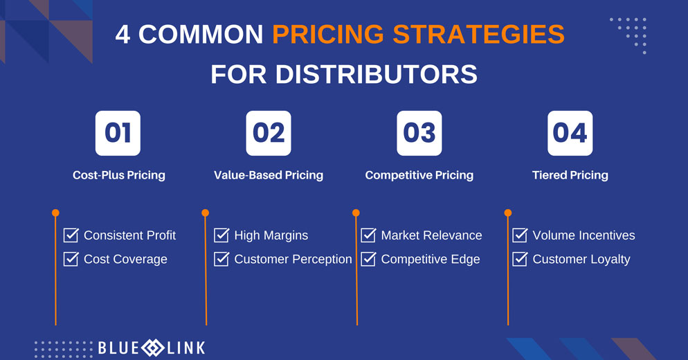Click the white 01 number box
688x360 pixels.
[118, 133]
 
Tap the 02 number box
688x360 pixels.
[269, 133]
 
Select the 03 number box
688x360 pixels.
[419, 133]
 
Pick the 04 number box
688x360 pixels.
[570, 133]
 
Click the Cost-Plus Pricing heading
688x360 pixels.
[119, 175]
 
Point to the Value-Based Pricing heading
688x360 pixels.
[269, 175]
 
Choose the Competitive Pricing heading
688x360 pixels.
[419, 175]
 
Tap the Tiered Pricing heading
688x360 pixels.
[570, 175]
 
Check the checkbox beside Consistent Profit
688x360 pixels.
[71, 235]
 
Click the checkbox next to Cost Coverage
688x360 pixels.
[71, 259]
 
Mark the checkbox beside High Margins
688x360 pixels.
[221, 235]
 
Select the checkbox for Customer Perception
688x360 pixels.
[221, 259]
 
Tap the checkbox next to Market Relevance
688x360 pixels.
[368, 235]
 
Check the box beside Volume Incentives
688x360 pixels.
[520, 235]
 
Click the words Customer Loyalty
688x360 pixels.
[581, 260]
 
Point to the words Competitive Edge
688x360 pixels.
[431, 260]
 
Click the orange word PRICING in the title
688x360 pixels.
[328, 34]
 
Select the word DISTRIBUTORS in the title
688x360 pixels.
[377, 74]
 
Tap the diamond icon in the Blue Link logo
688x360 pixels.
[153, 348]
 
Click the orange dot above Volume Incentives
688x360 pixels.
[508, 213]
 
